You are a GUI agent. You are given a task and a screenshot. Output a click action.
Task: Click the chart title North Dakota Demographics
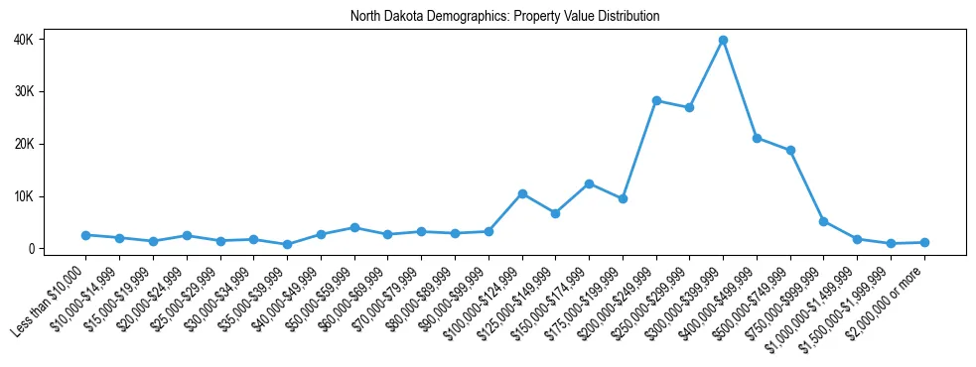tap(504, 17)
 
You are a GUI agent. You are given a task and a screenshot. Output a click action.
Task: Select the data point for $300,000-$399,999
tap(723, 40)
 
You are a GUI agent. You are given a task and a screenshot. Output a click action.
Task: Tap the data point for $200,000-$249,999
tap(656, 100)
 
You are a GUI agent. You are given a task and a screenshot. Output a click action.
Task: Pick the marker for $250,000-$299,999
tap(689, 107)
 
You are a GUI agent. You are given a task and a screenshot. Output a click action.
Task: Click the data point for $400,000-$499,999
tap(757, 138)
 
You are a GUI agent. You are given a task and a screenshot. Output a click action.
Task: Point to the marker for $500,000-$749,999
tap(790, 151)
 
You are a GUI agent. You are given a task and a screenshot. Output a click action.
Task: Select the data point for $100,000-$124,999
tap(522, 193)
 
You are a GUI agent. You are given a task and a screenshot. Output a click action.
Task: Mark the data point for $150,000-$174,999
tap(589, 183)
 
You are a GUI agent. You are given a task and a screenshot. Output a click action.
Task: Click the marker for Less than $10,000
tap(86, 235)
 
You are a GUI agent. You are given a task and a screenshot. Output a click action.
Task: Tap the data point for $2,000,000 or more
tap(924, 242)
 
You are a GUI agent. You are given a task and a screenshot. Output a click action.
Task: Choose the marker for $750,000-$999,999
tap(823, 221)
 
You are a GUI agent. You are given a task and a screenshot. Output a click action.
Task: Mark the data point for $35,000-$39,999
tap(287, 244)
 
